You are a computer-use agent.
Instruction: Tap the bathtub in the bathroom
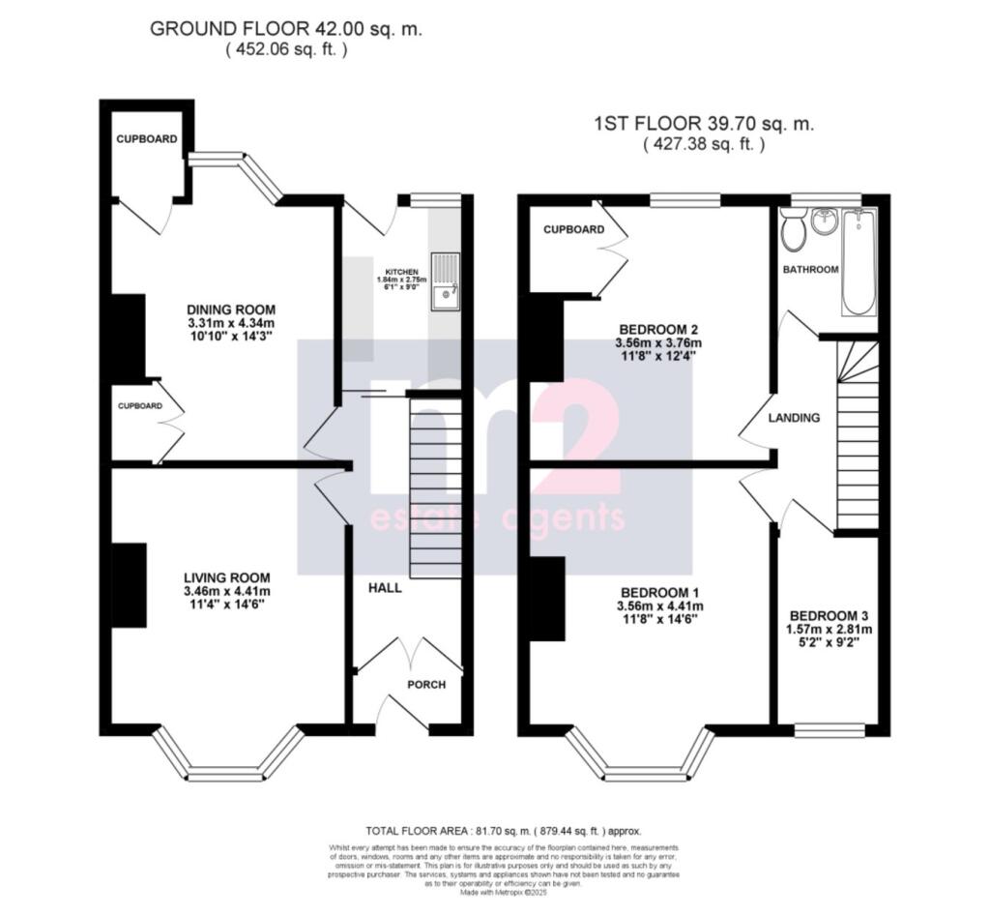coord(858,262)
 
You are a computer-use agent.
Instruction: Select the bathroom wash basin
coord(824,221)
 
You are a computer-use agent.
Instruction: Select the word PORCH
coord(426,685)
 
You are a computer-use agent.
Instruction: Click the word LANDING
coord(794,418)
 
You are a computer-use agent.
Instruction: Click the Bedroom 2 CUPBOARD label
coord(573,230)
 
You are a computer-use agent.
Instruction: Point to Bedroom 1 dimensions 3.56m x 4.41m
coord(659,605)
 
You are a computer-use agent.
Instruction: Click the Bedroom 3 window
coord(828,729)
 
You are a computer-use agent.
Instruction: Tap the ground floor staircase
coord(435,489)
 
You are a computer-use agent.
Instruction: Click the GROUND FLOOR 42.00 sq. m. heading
coord(286,30)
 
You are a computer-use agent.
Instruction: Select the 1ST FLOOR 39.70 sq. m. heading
coord(704,125)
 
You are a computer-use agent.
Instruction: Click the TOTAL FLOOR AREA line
coord(503,831)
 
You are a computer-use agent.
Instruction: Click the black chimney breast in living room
coord(129,584)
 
